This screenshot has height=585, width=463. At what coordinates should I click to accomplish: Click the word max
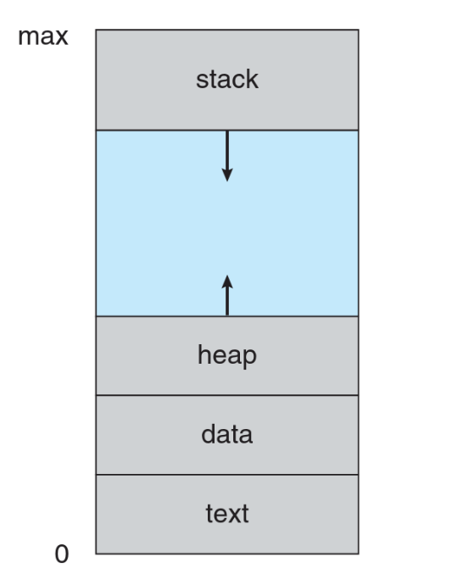[43, 37]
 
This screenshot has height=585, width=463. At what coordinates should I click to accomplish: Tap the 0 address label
[62, 554]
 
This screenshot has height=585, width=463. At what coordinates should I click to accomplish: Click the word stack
[227, 79]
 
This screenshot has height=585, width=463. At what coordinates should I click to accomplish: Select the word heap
[227, 356]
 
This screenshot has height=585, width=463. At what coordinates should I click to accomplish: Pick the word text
[227, 514]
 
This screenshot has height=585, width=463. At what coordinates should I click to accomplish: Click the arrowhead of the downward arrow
[227, 175]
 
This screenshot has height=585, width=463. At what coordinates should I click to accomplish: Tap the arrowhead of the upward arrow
[227, 281]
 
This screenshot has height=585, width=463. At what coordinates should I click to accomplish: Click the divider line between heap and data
[227, 395]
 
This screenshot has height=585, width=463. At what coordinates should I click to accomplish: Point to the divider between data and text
[227, 475]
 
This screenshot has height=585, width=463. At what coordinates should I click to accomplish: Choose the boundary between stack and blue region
[227, 131]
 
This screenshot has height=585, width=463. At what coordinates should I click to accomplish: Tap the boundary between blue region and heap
[227, 316]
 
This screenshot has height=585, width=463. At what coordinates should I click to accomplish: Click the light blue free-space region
[227, 223]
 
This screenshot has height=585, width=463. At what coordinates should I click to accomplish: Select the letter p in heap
[249, 358]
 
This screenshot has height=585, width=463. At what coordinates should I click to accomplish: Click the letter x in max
[61, 39]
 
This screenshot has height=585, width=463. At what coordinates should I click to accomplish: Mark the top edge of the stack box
[227, 30]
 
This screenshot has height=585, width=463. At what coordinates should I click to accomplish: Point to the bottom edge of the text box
[227, 554]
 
